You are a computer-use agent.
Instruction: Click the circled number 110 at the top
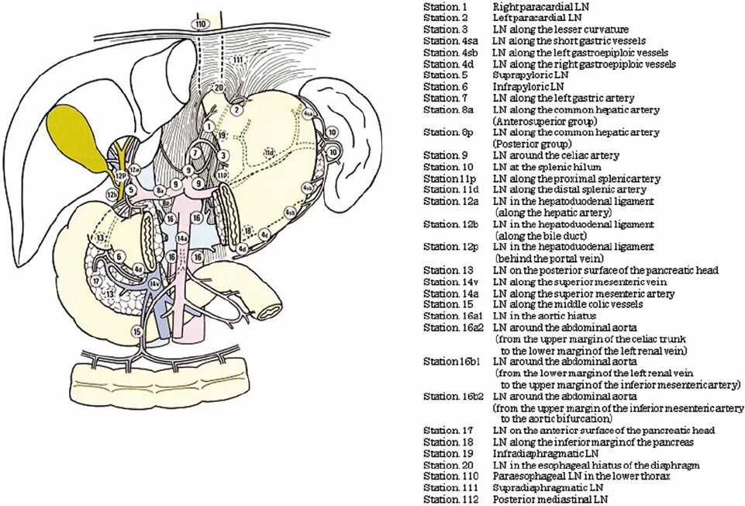(x=202, y=25)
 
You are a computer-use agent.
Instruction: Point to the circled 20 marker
(x=219, y=88)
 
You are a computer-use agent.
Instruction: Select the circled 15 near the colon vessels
(x=138, y=331)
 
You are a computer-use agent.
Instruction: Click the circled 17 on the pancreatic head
(x=96, y=281)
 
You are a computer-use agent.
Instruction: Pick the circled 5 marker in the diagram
(x=133, y=189)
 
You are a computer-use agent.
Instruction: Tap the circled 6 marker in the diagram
(x=119, y=255)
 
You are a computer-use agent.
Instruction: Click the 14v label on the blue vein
(x=154, y=284)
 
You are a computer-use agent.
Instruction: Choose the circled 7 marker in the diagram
(x=195, y=153)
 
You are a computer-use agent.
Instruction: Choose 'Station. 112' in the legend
(x=449, y=499)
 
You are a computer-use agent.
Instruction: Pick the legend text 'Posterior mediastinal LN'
(x=550, y=499)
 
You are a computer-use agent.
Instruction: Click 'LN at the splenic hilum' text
(x=545, y=167)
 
